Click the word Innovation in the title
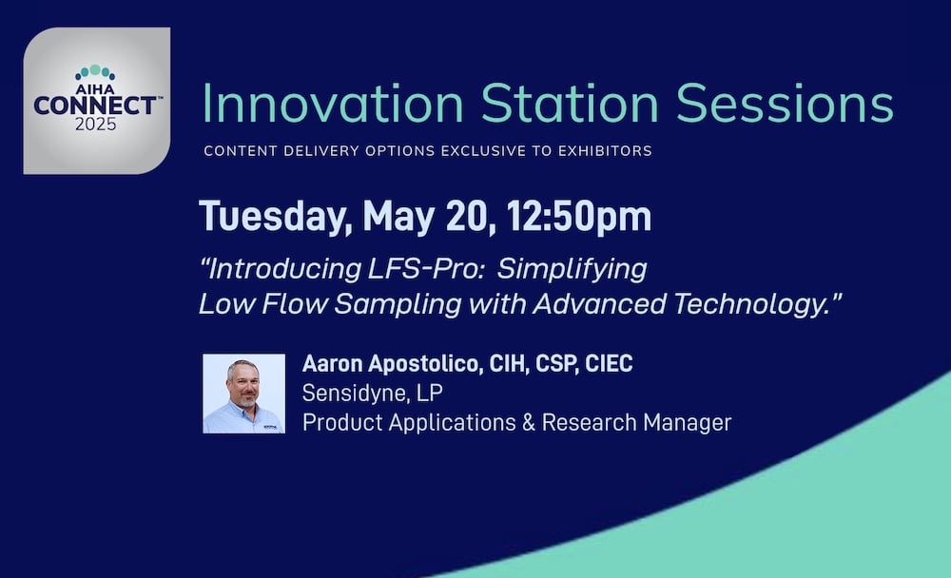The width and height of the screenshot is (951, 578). point(332,104)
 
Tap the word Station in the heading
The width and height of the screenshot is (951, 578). point(570,104)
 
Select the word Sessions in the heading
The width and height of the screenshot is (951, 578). point(785,104)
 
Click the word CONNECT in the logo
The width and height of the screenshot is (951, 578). point(94,106)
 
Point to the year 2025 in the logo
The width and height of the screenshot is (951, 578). point(95,125)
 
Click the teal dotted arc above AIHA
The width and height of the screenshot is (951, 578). point(95,71)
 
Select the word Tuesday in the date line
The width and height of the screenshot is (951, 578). point(276,217)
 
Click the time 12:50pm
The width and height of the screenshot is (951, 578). point(578,217)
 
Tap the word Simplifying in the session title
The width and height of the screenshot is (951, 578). point(572,270)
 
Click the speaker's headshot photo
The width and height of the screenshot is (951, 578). point(243,394)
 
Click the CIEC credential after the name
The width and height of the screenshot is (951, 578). point(609,364)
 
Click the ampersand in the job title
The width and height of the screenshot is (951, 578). point(528,423)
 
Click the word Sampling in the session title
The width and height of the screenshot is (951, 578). point(398,304)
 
